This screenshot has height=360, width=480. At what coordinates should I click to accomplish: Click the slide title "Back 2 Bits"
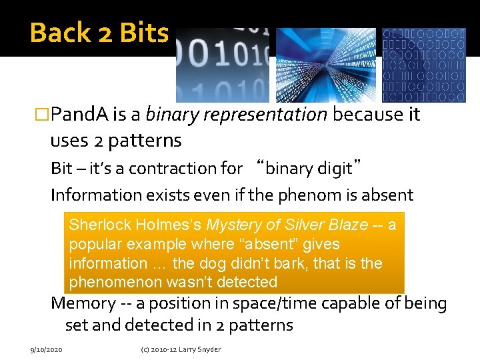tap(99, 32)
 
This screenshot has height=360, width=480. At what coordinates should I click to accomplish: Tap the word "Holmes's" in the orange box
tap(168, 225)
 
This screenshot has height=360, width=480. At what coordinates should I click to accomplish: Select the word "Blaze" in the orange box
tap(345, 225)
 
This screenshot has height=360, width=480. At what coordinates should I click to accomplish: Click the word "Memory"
tap(83, 303)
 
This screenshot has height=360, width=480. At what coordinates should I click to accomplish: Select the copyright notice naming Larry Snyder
tap(180, 349)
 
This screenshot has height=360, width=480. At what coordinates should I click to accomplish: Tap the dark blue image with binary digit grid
tap(423, 65)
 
